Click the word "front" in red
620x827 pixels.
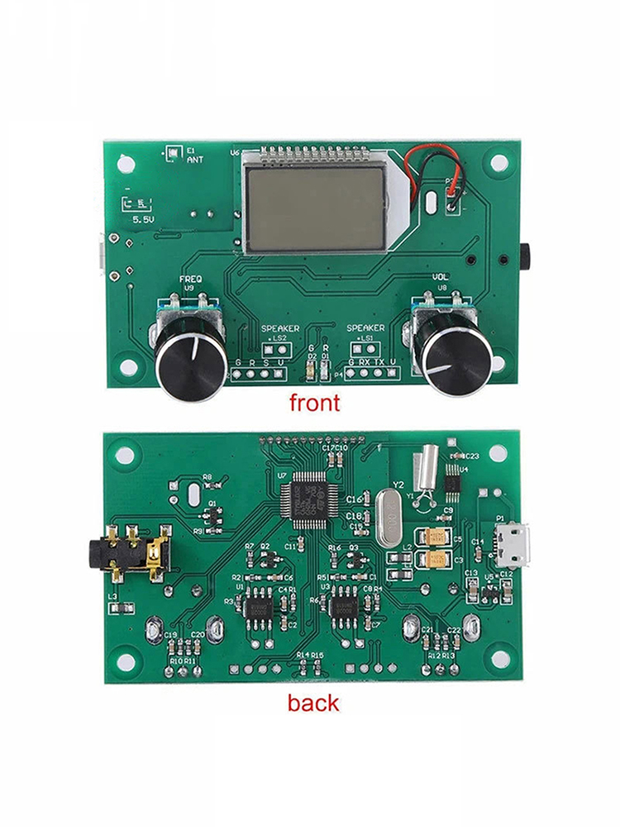coord(313,403)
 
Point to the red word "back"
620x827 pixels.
coord(313,703)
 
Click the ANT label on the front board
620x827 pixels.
coord(193,160)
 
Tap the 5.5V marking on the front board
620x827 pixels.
coord(143,221)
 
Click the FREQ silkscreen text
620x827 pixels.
coord(190,280)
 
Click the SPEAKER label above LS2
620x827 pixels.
coord(281,328)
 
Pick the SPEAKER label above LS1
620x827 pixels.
coord(365,328)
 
